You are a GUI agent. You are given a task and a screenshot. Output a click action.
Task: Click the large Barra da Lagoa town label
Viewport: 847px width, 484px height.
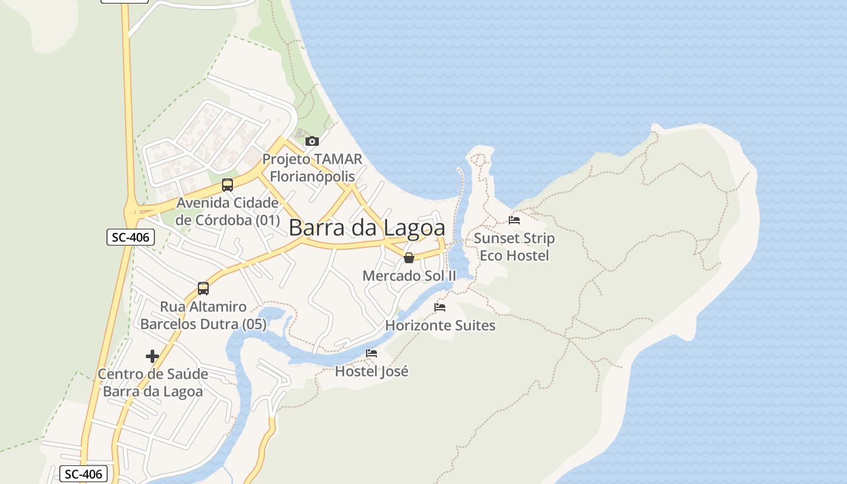[367, 228]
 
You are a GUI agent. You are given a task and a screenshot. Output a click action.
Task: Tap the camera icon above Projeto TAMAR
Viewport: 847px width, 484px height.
[312, 141]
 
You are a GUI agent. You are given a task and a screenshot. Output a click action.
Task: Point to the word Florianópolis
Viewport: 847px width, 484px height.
[312, 177]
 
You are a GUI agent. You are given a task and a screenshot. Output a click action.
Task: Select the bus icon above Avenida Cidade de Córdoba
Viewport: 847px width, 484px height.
[227, 185]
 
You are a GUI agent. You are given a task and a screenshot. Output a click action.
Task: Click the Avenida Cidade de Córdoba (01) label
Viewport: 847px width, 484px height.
[227, 211]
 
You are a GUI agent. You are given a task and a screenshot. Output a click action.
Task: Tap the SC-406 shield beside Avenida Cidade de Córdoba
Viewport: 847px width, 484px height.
[131, 237]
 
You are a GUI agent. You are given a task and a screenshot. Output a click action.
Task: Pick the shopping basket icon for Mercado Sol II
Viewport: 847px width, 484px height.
[409, 258]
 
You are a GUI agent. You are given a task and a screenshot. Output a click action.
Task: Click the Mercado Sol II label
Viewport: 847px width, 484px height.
[409, 276]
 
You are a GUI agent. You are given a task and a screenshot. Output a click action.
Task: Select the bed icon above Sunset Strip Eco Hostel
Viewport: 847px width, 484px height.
[514, 220]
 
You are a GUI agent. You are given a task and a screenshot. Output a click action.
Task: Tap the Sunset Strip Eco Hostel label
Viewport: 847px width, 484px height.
[514, 247]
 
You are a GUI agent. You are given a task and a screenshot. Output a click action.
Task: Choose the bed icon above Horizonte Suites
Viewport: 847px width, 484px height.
[440, 307]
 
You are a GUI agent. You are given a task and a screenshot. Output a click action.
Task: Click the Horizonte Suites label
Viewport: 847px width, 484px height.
[440, 325]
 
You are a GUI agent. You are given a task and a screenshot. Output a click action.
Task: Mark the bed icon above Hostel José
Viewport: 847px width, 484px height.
[371, 353]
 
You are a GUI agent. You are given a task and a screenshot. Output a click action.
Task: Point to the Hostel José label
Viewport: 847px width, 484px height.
[371, 371]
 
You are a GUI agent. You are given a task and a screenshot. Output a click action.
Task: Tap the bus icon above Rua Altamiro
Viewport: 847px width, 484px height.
[203, 289]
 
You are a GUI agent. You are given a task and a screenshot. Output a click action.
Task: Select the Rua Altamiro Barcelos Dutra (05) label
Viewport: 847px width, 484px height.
[203, 316]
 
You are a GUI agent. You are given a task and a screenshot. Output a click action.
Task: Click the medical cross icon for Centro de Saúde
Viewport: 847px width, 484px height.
[152, 356]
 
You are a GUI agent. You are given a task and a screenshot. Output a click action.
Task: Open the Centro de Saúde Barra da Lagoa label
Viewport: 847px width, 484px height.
[152, 382]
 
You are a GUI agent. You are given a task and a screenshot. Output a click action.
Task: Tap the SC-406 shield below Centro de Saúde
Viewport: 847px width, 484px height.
[84, 474]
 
